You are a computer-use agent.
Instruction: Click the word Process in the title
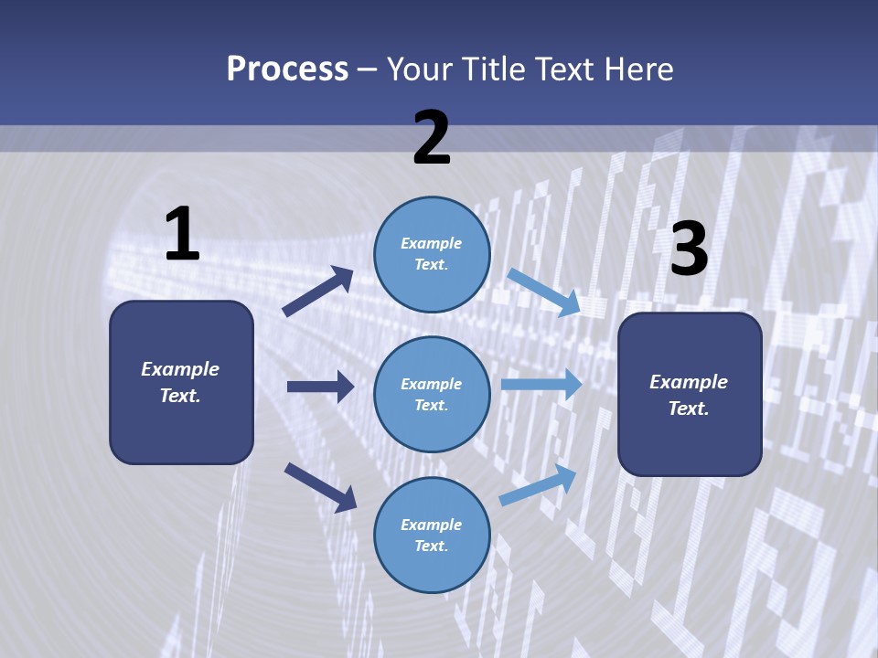(287, 69)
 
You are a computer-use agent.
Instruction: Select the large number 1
(182, 235)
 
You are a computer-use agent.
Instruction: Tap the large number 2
(432, 138)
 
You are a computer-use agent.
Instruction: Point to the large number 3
(689, 249)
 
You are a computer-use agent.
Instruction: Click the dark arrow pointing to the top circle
(318, 292)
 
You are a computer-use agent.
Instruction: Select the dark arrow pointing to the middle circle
(320, 387)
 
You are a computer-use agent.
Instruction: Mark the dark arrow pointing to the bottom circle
(320, 487)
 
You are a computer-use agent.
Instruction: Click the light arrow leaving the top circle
(544, 292)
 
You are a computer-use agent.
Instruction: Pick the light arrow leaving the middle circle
(541, 385)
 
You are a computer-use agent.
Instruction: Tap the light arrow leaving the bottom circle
(539, 484)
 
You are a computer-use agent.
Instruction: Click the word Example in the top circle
(431, 243)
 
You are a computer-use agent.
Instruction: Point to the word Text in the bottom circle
(430, 546)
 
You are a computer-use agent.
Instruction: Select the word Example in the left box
(180, 368)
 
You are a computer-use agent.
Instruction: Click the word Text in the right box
(688, 409)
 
